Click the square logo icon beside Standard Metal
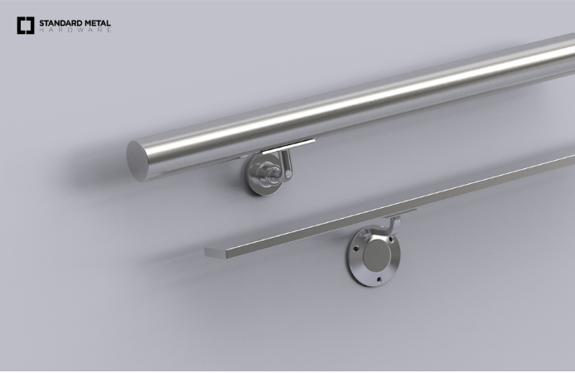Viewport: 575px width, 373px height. coord(25,25)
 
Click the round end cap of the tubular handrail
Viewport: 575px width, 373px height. coord(138,157)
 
